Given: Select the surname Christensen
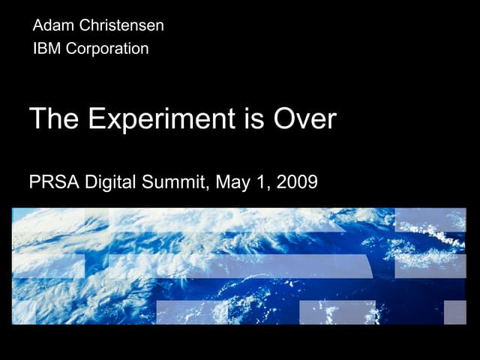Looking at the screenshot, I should click(121, 25).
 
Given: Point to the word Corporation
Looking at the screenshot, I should click(106, 49).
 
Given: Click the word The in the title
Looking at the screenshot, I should click(53, 119).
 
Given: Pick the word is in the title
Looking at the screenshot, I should click(253, 119).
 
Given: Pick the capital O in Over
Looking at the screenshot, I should click(284, 119).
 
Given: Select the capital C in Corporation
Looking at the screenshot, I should click(70, 49).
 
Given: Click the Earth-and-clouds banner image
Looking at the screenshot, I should click(239, 265).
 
